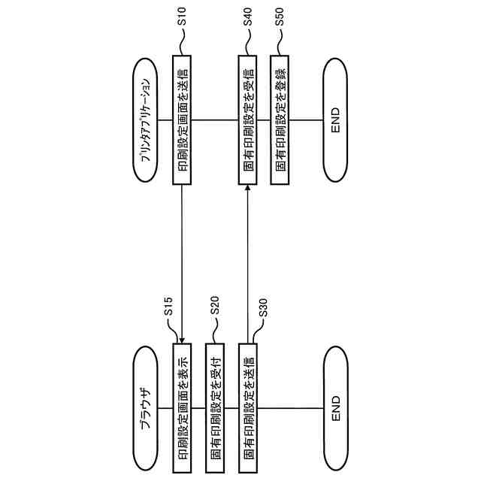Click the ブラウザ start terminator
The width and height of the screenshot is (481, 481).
pos(146,400)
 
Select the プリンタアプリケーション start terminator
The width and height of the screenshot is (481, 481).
pos(146,120)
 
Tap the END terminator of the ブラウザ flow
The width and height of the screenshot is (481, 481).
pos(335,400)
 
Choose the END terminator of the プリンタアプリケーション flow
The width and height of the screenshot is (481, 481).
pos(335,120)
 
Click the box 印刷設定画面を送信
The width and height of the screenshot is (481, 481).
pos(183,120)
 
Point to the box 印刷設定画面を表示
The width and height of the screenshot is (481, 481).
pos(183,400)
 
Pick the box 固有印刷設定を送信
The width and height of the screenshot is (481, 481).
pos(248,400)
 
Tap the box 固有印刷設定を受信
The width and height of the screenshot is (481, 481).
pos(248,120)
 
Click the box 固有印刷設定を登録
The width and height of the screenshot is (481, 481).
pos(280,120)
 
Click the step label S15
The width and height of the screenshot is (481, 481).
pos(169,307)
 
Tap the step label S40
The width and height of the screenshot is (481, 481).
pos(248,19)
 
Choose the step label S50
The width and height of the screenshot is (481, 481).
pos(280,19)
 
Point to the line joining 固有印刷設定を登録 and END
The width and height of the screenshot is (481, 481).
pos(307,120)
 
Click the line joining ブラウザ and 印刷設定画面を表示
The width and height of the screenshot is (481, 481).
pos(166,400)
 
